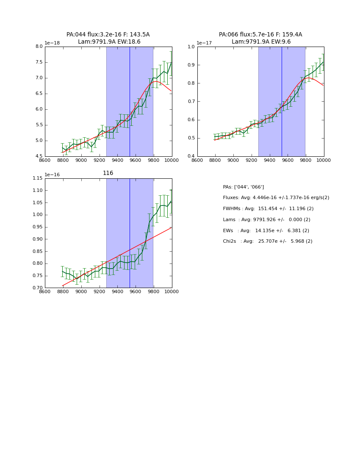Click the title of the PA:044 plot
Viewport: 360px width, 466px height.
click(x=108, y=38)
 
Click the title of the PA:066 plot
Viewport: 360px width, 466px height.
click(x=260, y=38)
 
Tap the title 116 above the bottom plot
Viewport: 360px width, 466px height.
click(x=108, y=173)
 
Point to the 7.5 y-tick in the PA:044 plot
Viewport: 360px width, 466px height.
click(x=39, y=62)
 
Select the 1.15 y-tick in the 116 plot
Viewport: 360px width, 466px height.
click(x=38, y=178)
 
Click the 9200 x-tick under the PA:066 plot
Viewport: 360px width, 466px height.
click(x=252, y=160)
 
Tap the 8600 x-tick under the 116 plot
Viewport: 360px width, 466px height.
click(x=45, y=291)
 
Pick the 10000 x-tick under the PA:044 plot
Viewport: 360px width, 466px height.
click(x=172, y=160)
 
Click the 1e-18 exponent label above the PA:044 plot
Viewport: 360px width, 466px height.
click(x=53, y=43)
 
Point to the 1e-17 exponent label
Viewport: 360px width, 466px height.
click(x=205, y=43)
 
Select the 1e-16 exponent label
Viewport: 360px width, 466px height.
click(x=53, y=175)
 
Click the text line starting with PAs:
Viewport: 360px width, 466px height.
click(x=244, y=187)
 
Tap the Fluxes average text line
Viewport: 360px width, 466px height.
click(x=276, y=198)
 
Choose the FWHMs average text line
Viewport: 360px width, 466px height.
click(x=268, y=209)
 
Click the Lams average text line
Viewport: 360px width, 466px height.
click(x=266, y=220)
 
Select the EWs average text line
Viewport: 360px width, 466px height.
click(x=266, y=231)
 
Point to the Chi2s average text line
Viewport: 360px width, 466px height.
click(x=268, y=241)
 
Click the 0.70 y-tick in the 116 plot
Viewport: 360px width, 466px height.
click(x=38, y=288)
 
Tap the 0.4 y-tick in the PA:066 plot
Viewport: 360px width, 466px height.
click(x=191, y=156)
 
